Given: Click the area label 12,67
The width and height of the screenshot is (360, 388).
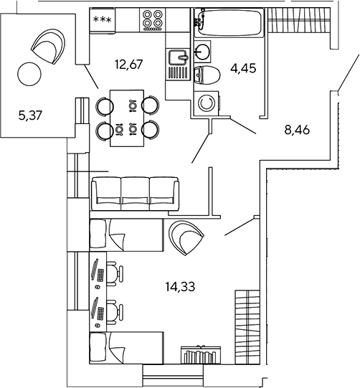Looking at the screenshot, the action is pyautogui.click(x=129, y=65).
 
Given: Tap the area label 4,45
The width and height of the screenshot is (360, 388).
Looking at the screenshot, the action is pyautogui.click(x=243, y=68).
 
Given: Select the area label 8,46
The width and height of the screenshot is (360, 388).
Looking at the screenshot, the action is pyautogui.click(x=297, y=130).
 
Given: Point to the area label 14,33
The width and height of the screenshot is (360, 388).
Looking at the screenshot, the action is pyautogui.click(x=181, y=287).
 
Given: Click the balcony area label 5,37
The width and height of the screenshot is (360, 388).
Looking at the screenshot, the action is pyautogui.click(x=30, y=115).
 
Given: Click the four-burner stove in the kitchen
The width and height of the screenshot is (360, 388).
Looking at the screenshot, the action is pyautogui.click(x=153, y=20).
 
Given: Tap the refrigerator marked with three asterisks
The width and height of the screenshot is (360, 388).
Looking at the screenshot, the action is pyautogui.click(x=103, y=20).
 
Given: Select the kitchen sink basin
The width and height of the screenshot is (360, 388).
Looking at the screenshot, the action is pyautogui.click(x=177, y=57).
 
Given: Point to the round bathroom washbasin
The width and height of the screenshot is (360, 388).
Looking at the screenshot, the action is pyautogui.click(x=202, y=52).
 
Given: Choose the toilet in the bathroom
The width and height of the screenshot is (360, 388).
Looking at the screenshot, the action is pyautogui.click(x=207, y=75).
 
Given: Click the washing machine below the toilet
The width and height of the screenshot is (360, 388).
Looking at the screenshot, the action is pyautogui.click(x=207, y=103).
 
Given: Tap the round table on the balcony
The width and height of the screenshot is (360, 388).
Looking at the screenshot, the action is pyautogui.click(x=29, y=74).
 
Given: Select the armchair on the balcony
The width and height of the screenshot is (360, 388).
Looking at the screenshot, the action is pyautogui.click(x=49, y=47).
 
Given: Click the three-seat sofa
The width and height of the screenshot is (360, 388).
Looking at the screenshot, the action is pyautogui.click(x=135, y=194).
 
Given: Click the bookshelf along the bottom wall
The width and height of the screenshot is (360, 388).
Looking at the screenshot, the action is pyautogui.click(x=201, y=355).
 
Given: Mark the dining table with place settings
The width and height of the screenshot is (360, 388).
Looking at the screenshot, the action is pyautogui.click(x=127, y=118).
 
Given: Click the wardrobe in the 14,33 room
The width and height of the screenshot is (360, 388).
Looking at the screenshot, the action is pyautogui.click(x=247, y=327).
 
